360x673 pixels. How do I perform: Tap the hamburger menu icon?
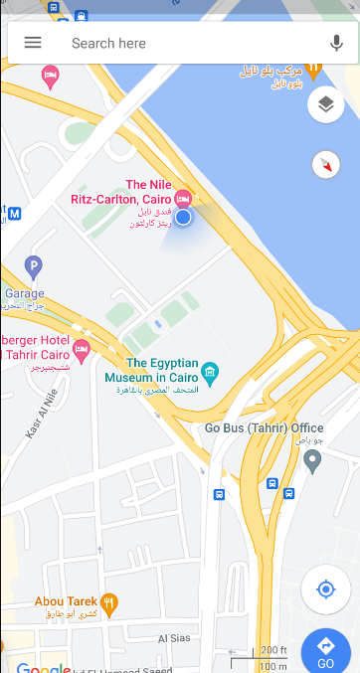pos(33,43)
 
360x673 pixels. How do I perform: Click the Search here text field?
pos(179,44)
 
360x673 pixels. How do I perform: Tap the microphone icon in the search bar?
pos(336,44)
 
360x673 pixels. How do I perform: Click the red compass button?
pos(325,165)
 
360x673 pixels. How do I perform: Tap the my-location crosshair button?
pos(325,590)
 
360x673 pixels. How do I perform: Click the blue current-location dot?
pos(183,217)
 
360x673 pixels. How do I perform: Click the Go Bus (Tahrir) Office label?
pos(264,428)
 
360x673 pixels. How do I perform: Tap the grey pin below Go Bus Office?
pos(312,460)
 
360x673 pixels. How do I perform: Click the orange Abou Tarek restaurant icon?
pos(109,601)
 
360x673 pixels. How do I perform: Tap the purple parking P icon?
pos(34,265)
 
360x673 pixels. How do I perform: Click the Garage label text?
pos(24,294)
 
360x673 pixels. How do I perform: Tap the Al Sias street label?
pos(175,639)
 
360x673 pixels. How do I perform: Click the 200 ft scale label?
pos(273,651)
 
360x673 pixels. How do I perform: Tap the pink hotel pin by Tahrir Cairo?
pos(82,350)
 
